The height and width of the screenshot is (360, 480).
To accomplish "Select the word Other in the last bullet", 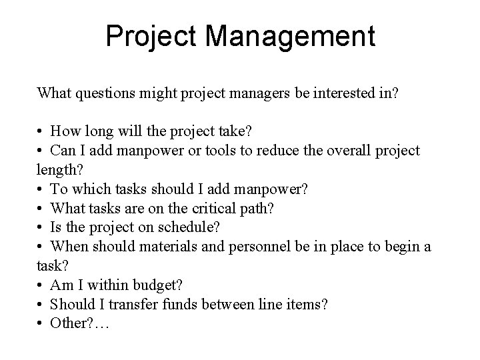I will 71,324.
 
